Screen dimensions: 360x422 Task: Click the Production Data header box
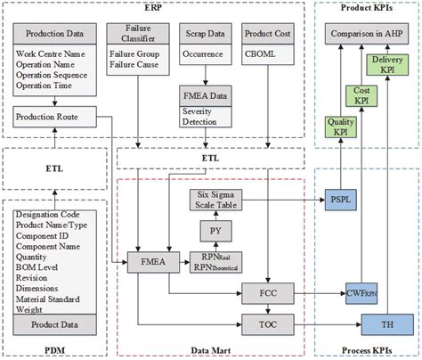pyautogui.click(x=55, y=36)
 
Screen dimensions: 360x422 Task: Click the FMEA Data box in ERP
pyautogui.click(x=207, y=95)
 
